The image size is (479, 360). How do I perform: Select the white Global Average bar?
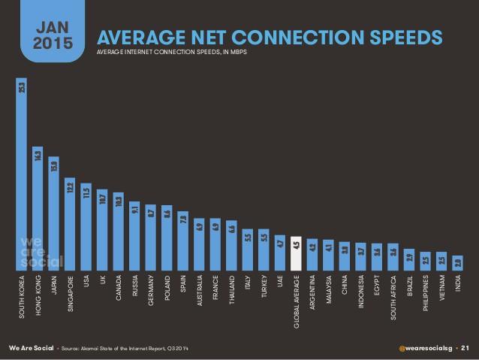296,255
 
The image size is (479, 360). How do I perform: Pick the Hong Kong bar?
37,210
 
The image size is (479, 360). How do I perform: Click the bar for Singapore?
70,225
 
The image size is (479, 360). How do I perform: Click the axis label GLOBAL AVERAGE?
296,301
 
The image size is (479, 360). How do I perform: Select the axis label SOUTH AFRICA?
393,299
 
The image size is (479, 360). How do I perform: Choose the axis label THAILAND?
231,293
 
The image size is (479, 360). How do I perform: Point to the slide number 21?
465,347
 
